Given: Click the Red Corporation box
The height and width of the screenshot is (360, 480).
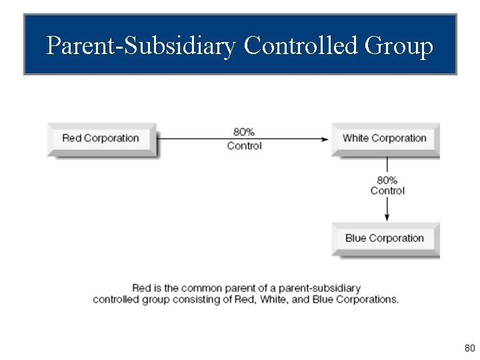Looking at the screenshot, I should pyautogui.click(x=101, y=139).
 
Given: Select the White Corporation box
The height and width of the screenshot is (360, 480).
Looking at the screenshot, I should pyautogui.click(x=385, y=139).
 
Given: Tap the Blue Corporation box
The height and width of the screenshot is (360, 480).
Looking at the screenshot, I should pyautogui.click(x=385, y=239).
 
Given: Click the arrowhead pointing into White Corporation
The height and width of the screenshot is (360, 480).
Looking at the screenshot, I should pyautogui.click(x=325, y=139).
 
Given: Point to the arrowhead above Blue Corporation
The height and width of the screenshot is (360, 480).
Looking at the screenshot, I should pyautogui.click(x=387, y=217).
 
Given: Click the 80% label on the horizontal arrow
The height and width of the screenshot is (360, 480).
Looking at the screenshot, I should pyautogui.click(x=244, y=132).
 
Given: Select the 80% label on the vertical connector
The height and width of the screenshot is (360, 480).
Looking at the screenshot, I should pyautogui.click(x=387, y=180).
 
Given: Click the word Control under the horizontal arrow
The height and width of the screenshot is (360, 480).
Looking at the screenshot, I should pyautogui.click(x=244, y=146).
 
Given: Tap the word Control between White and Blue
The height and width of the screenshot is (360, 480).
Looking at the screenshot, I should pyautogui.click(x=387, y=191).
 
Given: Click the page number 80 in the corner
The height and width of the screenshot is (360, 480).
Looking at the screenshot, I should pyautogui.click(x=469, y=348).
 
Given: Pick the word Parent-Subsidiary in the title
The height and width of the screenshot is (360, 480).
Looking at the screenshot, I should pyautogui.click(x=141, y=46).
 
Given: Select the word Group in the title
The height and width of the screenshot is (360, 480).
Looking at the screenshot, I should pyautogui.click(x=399, y=46).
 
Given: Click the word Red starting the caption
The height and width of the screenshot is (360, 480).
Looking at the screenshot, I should pyautogui.click(x=141, y=288).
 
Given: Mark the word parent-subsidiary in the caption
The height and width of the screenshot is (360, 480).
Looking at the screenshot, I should pyautogui.click(x=319, y=288).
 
